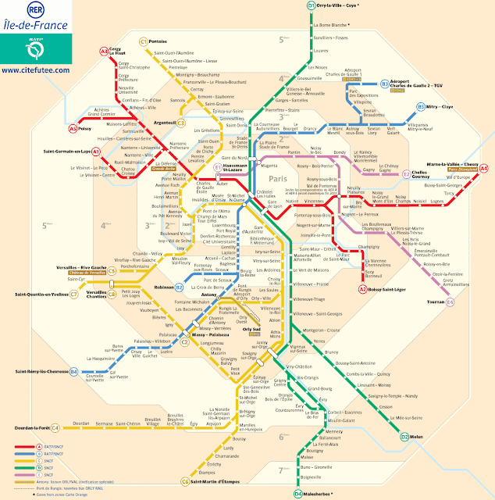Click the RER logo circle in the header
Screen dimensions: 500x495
(x=34, y=13)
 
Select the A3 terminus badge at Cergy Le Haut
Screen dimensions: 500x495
(x=104, y=52)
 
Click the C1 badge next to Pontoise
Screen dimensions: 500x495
(x=143, y=41)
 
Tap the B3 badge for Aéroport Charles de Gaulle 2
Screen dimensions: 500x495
(x=385, y=84)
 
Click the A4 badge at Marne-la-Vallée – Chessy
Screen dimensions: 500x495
(x=484, y=168)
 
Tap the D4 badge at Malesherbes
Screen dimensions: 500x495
(x=298, y=494)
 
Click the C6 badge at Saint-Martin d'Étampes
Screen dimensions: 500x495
(x=185, y=481)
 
